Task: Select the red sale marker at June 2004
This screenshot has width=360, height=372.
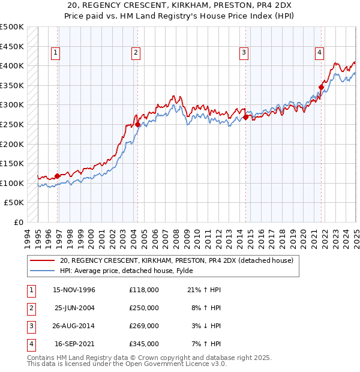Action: pos(137,125)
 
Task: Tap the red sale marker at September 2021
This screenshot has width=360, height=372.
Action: pos(321,87)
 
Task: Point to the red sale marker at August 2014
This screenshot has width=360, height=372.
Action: pos(246,118)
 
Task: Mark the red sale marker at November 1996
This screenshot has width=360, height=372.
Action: pos(58,176)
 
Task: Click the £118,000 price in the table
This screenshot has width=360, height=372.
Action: pos(144,290)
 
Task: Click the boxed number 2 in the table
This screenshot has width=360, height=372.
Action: pos(31,308)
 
